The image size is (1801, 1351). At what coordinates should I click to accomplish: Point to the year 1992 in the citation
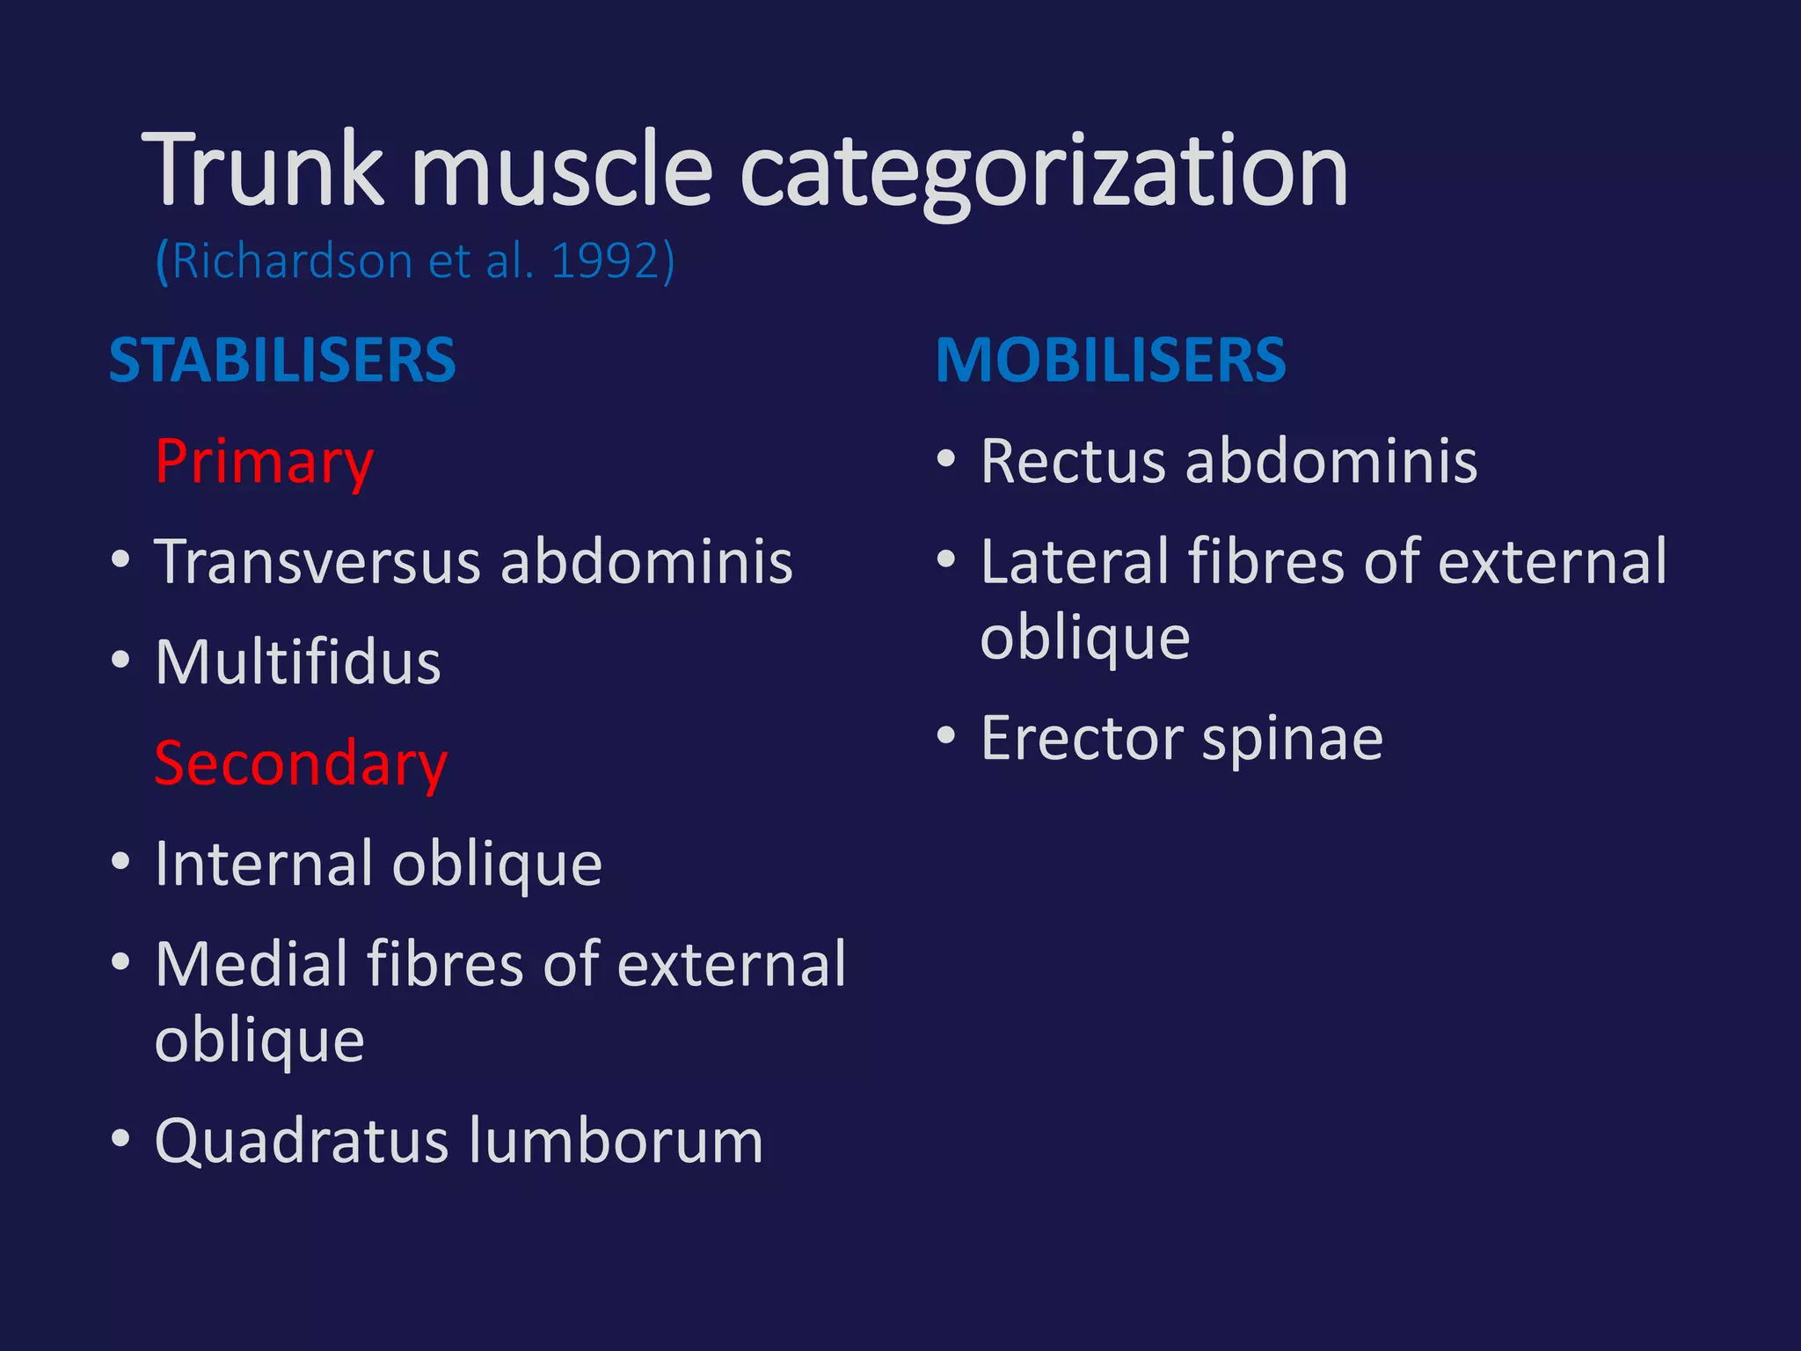pyautogui.click(x=605, y=261)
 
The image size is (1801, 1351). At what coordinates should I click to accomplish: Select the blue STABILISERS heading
pyautogui.click(x=282, y=360)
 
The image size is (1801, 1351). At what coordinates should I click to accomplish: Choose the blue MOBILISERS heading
pyautogui.click(x=1111, y=360)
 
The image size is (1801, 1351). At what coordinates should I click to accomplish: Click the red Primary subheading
pyautogui.click(x=264, y=463)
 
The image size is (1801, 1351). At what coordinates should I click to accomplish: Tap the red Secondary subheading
pyautogui.click(x=301, y=763)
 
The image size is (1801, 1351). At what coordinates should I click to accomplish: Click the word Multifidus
pyautogui.click(x=297, y=661)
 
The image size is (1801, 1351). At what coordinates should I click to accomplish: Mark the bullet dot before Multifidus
pyautogui.click(x=121, y=660)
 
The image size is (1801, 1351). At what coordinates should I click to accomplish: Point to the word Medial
pyautogui.click(x=251, y=964)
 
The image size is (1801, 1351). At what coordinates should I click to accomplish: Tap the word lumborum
pyautogui.click(x=616, y=1141)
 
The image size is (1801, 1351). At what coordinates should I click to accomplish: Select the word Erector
pyautogui.click(x=1081, y=738)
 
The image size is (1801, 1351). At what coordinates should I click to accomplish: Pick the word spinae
pyautogui.click(x=1292, y=740)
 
